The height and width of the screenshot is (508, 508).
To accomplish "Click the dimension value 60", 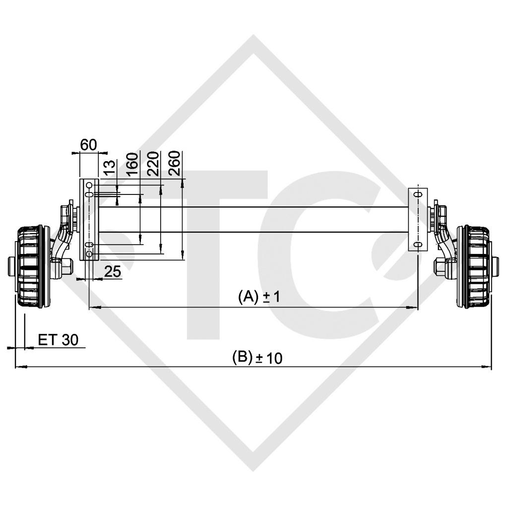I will tap(88, 145).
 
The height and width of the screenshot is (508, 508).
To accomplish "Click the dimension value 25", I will tap(112, 271).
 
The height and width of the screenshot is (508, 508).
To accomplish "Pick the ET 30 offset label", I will tap(58, 340).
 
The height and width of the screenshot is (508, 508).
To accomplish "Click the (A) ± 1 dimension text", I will tap(259, 297).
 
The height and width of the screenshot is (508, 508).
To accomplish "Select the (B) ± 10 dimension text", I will tap(257, 357).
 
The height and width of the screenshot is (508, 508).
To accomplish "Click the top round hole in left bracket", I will tap(89, 186).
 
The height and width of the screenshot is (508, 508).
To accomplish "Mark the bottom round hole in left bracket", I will tap(89, 254).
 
